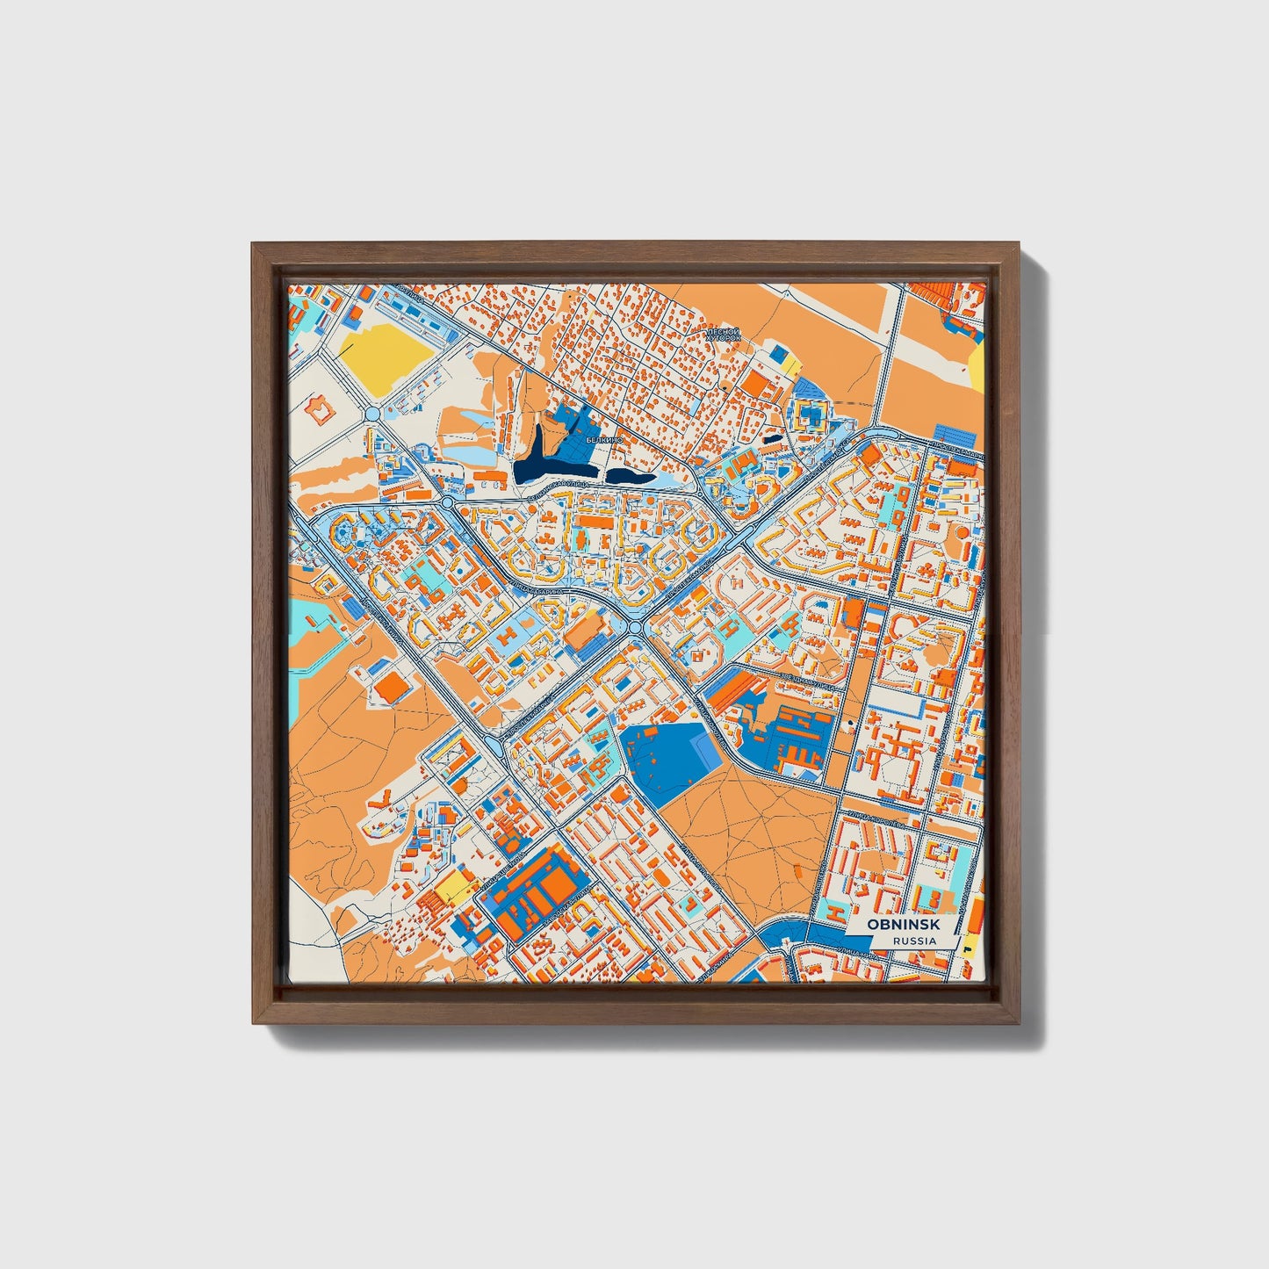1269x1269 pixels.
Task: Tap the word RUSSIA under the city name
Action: click(x=913, y=941)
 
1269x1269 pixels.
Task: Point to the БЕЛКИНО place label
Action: click(x=606, y=439)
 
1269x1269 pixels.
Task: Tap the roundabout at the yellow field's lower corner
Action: click(x=371, y=413)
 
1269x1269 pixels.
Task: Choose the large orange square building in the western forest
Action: click(x=393, y=689)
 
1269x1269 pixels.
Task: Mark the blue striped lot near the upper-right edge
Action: click(x=955, y=434)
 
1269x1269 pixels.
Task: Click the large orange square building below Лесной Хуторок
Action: click(x=755, y=383)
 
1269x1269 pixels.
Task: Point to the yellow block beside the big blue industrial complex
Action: click(x=455, y=886)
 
